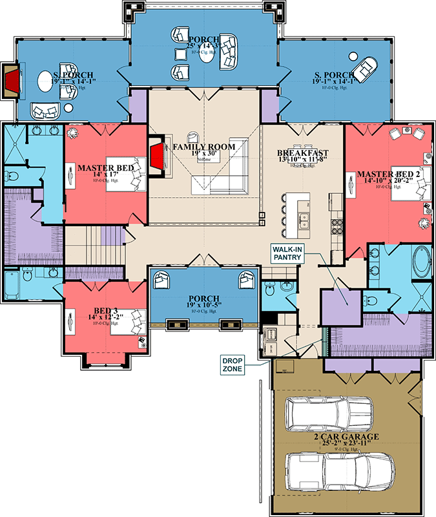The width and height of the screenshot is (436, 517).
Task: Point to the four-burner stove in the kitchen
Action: click(x=336, y=226)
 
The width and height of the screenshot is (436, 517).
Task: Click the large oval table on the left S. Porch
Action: click(x=45, y=82)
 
